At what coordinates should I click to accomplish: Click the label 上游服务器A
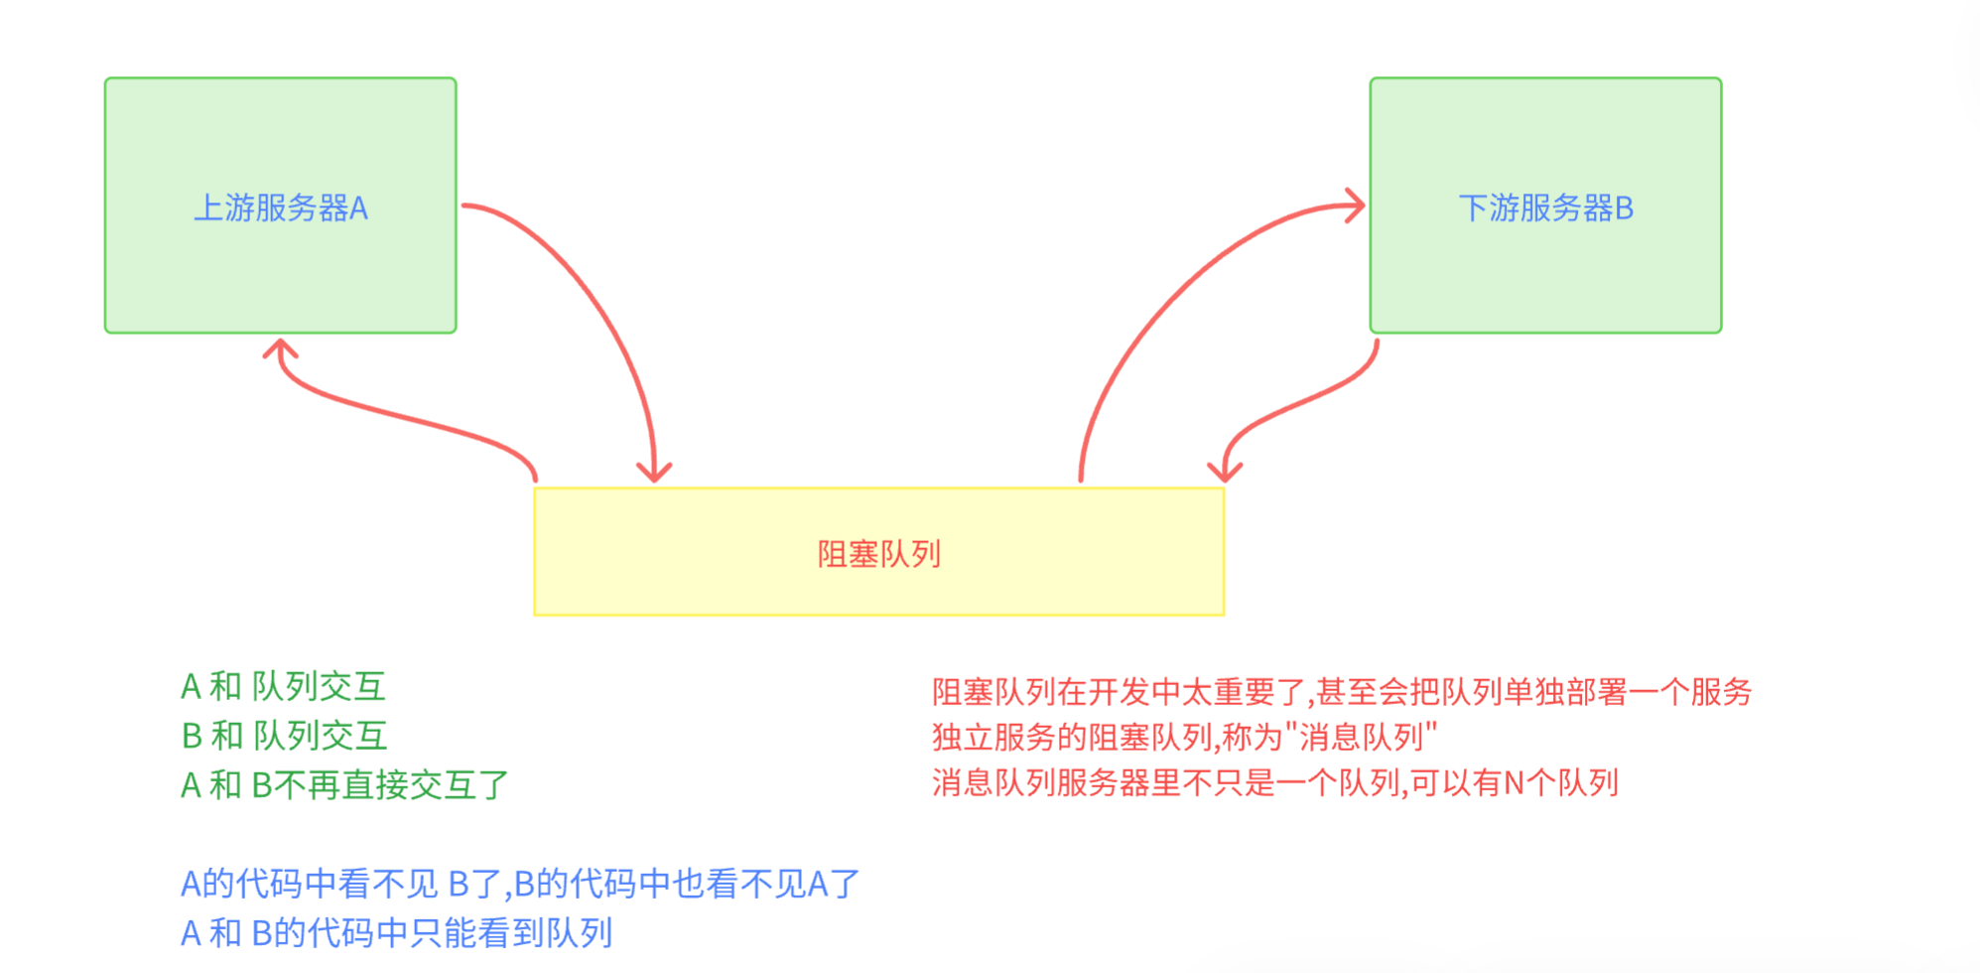point(281,208)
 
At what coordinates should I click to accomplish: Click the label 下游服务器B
point(1545,208)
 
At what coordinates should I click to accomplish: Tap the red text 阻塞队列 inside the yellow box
point(878,554)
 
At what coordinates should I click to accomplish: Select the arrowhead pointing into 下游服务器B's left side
point(1356,206)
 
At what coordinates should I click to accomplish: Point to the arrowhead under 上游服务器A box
point(280,348)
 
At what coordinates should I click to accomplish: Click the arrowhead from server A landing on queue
point(654,473)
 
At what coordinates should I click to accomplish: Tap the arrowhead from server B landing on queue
point(1225,473)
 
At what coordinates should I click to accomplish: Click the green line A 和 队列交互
point(283,686)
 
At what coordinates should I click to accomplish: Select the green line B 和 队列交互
point(284,736)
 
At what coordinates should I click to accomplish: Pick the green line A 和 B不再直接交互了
point(343,785)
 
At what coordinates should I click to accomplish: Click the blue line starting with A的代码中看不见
point(519,884)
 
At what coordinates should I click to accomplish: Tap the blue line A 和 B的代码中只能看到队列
point(396,933)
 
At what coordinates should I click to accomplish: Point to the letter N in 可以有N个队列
point(1514,783)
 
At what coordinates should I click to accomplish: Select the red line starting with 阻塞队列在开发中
point(1341,692)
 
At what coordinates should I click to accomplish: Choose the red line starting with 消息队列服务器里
point(1274,783)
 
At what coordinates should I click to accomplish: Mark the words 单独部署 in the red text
point(1564,692)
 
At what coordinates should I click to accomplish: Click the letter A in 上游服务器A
point(358,208)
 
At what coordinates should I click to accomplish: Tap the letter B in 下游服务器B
point(1624,208)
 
